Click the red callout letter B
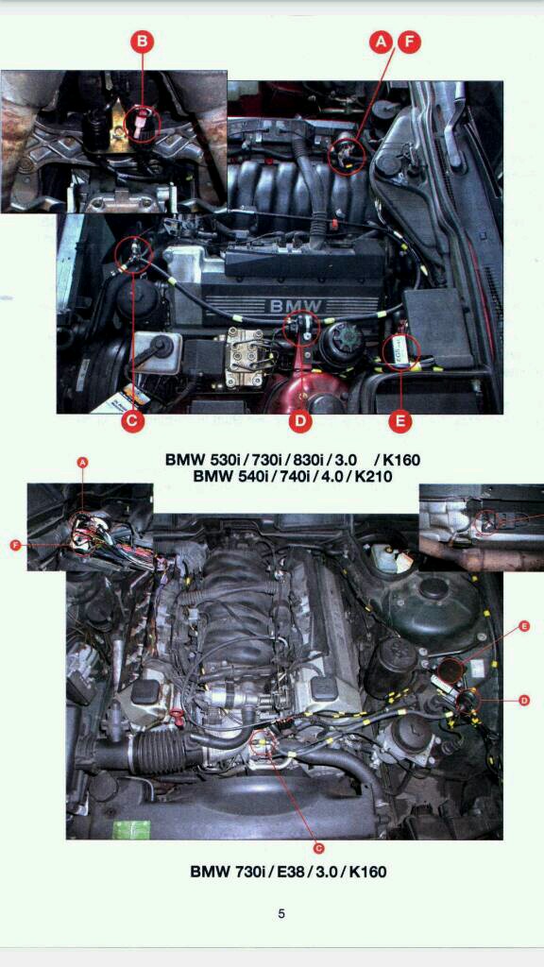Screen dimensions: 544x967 [x=142, y=42]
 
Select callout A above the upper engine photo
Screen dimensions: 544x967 [x=382, y=42]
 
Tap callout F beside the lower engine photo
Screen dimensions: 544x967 [x=16, y=545]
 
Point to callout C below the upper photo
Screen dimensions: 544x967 [x=132, y=421]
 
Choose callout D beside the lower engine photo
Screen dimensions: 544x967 [x=523, y=700]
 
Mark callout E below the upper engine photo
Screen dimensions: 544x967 [x=400, y=421]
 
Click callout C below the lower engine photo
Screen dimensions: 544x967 [x=318, y=849]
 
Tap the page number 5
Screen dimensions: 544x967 [x=281, y=914]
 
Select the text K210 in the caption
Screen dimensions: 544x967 [x=372, y=476]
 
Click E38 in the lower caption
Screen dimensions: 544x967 [x=290, y=872]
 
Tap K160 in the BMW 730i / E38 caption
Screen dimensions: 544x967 [x=367, y=872]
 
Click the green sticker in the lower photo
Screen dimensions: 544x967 [x=131, y=830]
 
